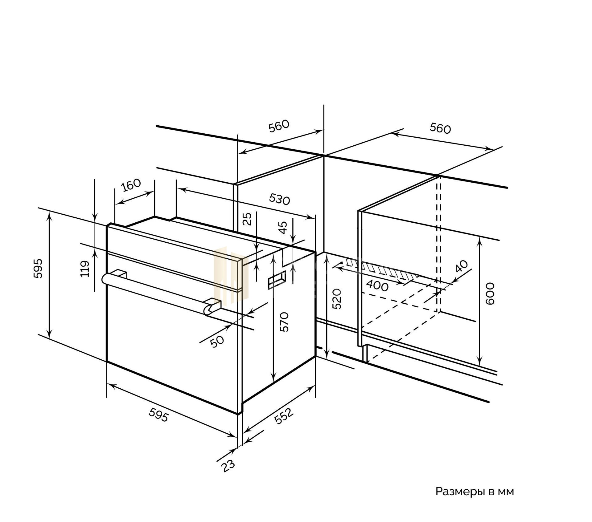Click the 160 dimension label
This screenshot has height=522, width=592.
click(131, 185)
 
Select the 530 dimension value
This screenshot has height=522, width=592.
click(279, 199)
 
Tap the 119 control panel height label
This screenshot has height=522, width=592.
click(85, 269)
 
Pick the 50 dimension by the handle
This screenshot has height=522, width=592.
click(217, 341)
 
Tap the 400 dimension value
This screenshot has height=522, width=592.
click(377, 286)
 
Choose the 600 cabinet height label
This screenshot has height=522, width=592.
click(490, 293)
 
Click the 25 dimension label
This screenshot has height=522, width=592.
click(248, 219)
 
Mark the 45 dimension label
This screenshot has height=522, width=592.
click(283, 228)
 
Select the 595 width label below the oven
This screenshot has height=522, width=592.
click(159, 415)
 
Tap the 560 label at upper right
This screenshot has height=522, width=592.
click(440, 128)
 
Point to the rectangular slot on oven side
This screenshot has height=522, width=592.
click(277, 279)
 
